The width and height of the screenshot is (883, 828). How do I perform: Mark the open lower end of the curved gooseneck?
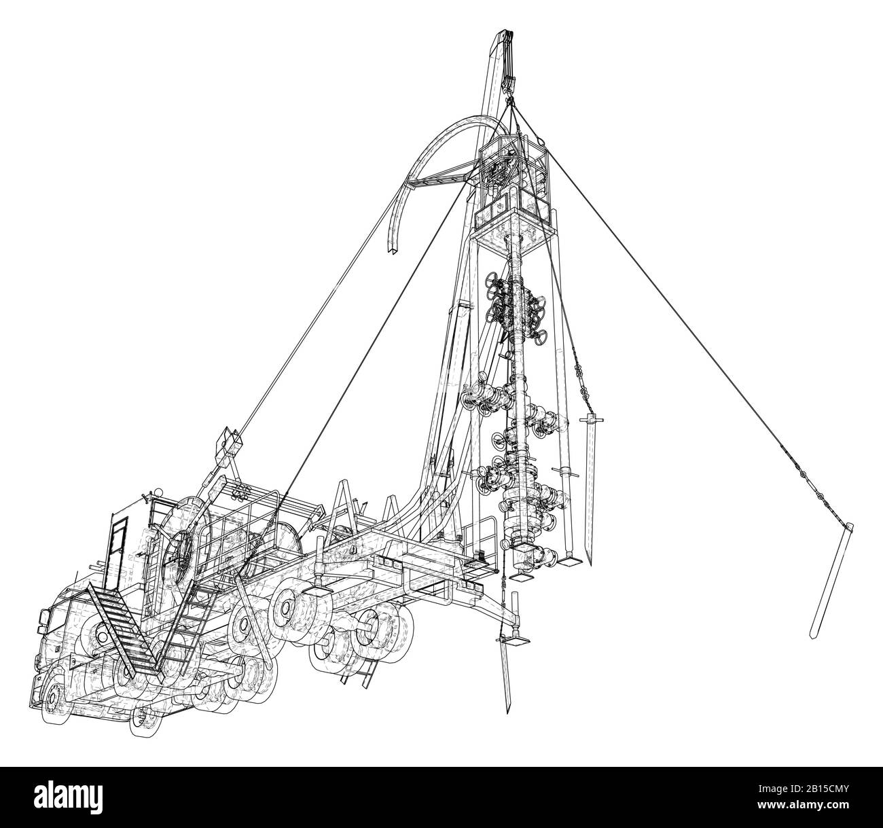click(393, 252)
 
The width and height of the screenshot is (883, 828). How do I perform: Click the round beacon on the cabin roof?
click(157, 491)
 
